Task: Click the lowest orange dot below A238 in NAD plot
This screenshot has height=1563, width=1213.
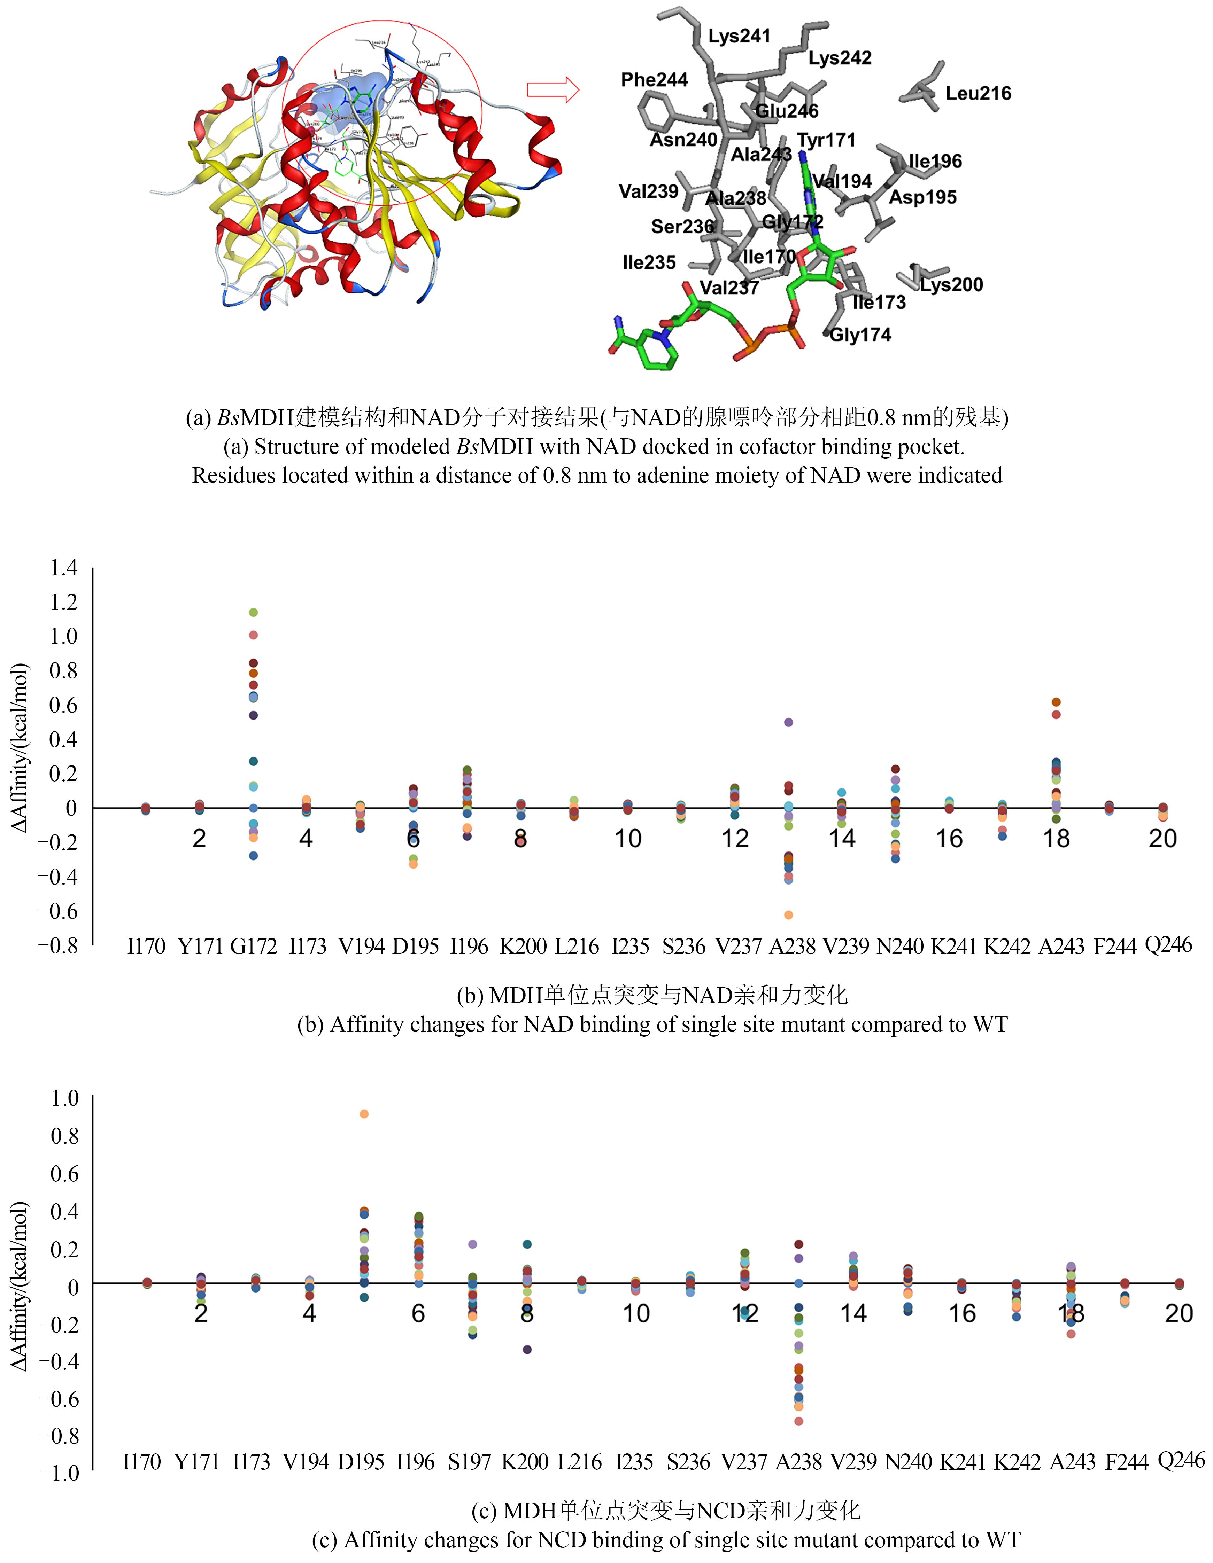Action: (788, 914)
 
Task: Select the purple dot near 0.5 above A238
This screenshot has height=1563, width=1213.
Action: (788, 722)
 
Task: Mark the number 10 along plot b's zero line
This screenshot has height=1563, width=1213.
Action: (628, 839)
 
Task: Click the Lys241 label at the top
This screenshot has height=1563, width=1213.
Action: (739, 36)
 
